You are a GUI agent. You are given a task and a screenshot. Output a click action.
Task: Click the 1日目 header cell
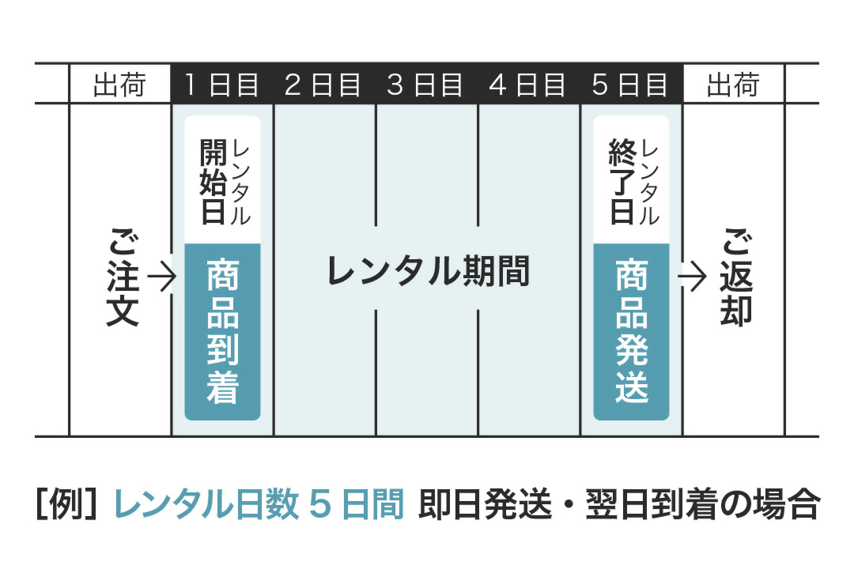(x=222, y=83)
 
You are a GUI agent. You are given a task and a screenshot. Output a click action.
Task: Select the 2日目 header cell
(x=325, y=83)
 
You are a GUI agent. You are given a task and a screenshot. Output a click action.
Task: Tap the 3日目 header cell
(x=427, y=83)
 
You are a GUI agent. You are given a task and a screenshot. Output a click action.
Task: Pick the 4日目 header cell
(x=529, y=83)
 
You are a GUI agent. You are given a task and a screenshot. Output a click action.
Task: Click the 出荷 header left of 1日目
(x=120, y=84)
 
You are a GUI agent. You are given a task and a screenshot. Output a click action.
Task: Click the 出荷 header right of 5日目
(x=734, y=84)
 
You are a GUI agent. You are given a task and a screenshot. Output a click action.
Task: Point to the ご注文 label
(x=123, y=278)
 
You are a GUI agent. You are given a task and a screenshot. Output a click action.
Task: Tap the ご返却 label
(x=736, y=278)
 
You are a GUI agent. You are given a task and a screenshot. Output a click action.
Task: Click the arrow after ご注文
(x=161, y=278)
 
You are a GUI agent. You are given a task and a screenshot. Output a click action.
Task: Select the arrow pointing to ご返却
(x=692, y=278)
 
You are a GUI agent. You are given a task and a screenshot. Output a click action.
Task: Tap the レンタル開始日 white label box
(x=223, y=180)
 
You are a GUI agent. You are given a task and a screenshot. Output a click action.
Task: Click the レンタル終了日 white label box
(x=631, y=180)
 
